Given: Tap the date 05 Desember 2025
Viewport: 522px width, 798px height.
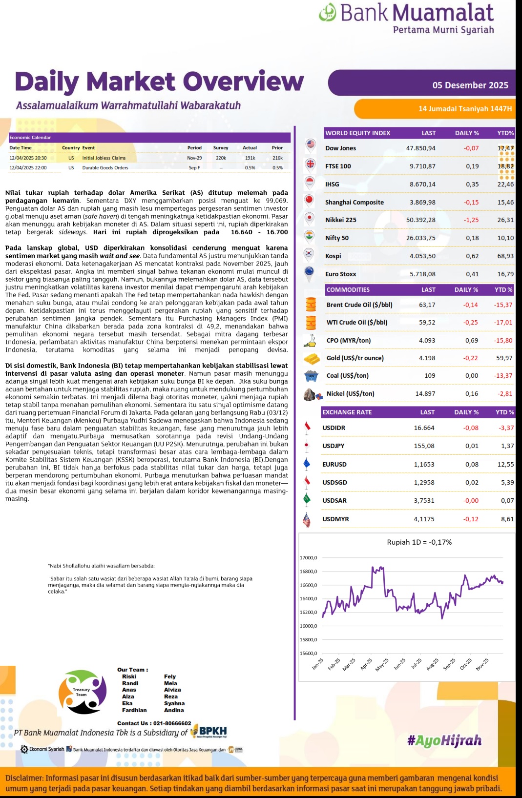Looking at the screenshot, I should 470,85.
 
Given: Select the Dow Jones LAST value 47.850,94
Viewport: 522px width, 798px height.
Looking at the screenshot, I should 420,148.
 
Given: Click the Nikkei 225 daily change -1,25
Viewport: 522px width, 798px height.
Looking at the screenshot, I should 471,220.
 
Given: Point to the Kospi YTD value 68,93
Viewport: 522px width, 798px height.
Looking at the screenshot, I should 505,256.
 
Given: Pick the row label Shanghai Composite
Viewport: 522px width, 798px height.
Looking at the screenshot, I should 355,203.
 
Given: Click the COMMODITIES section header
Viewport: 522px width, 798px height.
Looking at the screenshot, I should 348,290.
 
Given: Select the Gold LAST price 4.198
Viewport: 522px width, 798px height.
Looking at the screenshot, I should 427,358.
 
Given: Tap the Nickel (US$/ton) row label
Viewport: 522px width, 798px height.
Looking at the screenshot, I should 350,394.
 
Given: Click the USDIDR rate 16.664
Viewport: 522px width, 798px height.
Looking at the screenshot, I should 424,428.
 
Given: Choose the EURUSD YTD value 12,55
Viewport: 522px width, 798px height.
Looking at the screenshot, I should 505,465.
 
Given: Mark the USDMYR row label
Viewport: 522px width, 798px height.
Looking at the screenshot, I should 335,519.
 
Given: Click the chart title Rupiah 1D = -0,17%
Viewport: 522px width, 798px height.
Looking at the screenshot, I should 419,542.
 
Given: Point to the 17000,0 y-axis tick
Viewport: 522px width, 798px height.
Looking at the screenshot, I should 308,558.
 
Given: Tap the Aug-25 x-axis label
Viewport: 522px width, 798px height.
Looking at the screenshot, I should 433,664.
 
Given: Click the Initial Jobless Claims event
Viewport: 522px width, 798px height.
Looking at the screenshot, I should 104,158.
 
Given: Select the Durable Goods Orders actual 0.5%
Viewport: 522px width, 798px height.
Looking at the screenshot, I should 250,168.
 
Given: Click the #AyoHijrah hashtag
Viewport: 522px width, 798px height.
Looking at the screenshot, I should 444,741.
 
